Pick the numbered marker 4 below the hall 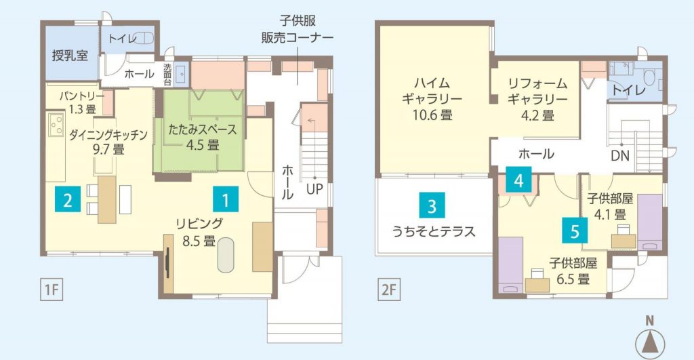(x=518, y=180)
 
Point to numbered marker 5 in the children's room (x=575, y=231)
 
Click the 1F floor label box (x=52, y=289)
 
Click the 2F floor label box (x=388, y=289)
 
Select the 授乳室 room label (x=70, y=56)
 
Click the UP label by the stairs (x=314, y=189)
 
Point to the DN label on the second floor (x=620, y=155)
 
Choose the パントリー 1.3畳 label (x=82, y=102)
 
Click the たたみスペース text (x=203, y=129)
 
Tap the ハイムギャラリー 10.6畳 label (x=432, y=99)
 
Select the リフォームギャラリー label (x=537, y=91)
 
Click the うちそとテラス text (x=434, y=231)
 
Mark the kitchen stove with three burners (x=56, y=124)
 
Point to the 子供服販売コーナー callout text (x=298, y=29)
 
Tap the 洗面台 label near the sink (x=167, y=75)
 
